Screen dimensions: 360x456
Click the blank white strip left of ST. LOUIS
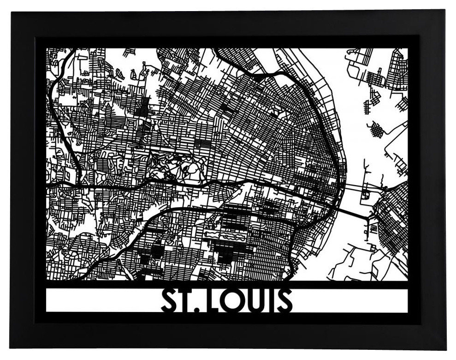(101, 300)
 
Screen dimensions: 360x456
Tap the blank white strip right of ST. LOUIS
(350, 300)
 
